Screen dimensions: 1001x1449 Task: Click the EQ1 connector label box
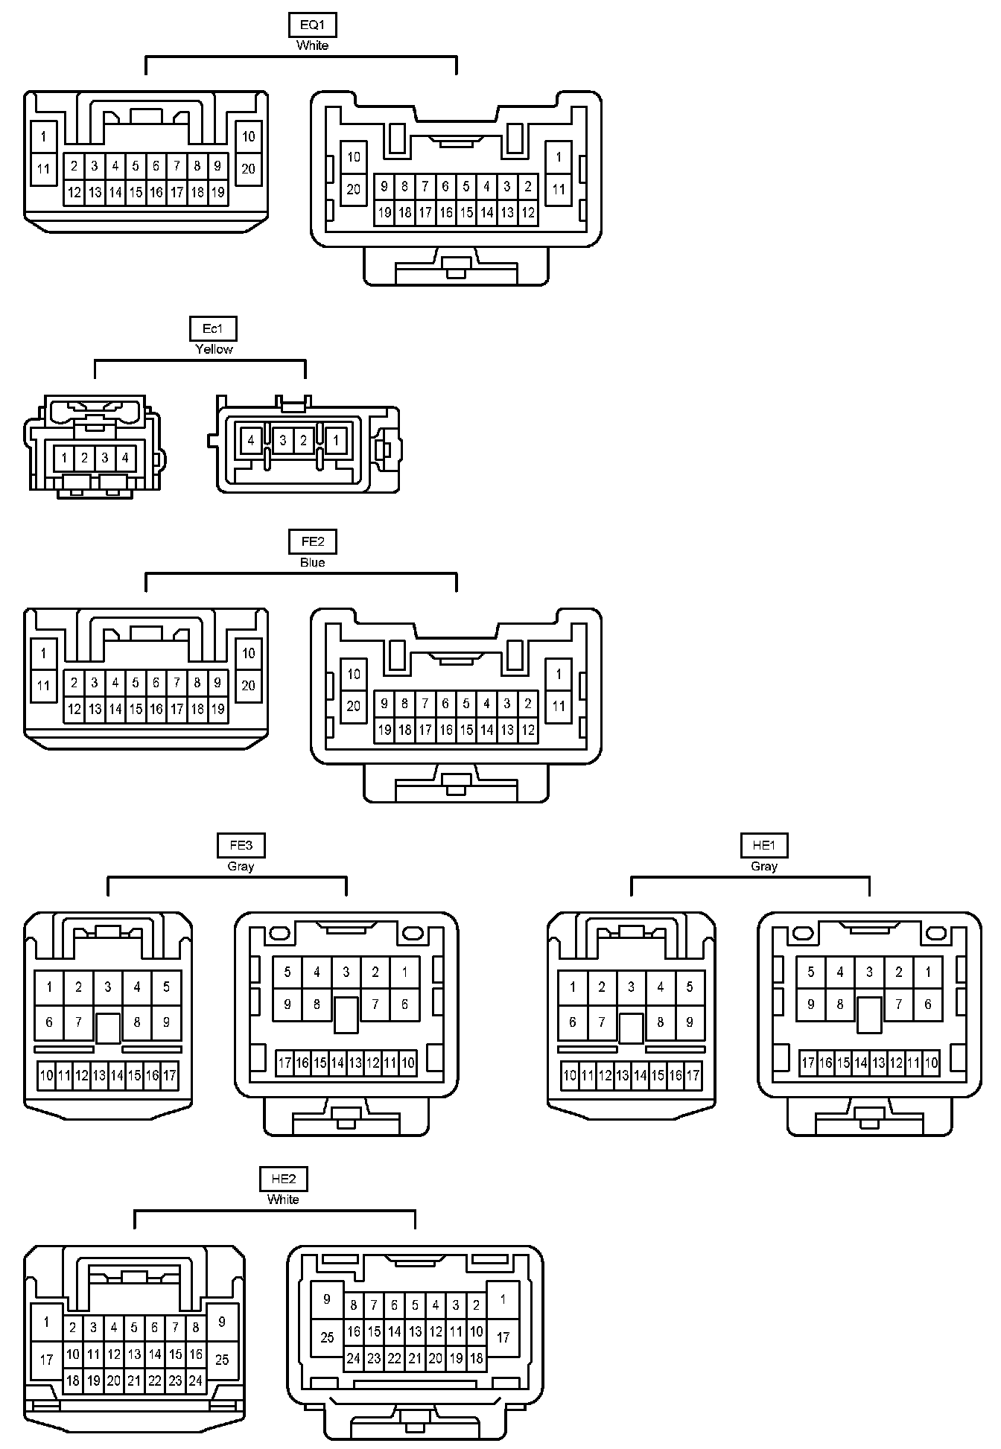[312, 25]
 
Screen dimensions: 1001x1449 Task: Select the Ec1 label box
[214, 329]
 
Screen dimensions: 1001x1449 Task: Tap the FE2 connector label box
[312, 542]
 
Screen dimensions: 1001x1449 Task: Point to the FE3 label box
[241, 846]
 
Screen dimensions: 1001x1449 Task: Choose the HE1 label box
[764, 846]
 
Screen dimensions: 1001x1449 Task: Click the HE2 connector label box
[283, 1179]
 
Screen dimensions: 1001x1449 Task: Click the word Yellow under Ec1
[214, 349]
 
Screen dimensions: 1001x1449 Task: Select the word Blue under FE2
[312, 563]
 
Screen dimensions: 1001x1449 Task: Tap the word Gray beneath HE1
[764, 867]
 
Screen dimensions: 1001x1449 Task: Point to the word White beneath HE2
[283, 1200]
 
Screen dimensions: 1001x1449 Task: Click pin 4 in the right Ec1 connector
[251, 441]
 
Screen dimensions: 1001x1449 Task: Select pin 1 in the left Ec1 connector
[65, 459]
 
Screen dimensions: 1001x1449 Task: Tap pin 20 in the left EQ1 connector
[248, 169]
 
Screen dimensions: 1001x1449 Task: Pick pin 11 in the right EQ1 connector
[559, 190]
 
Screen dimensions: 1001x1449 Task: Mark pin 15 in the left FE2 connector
[136, 710]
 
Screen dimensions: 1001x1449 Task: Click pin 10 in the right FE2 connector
[354, 674]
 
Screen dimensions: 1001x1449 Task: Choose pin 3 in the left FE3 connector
[108, 987]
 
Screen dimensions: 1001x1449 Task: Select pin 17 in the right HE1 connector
[808, 1063]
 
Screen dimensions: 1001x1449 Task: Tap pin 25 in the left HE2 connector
[222, 1360]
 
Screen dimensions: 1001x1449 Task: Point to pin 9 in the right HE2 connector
[327, 1299]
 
